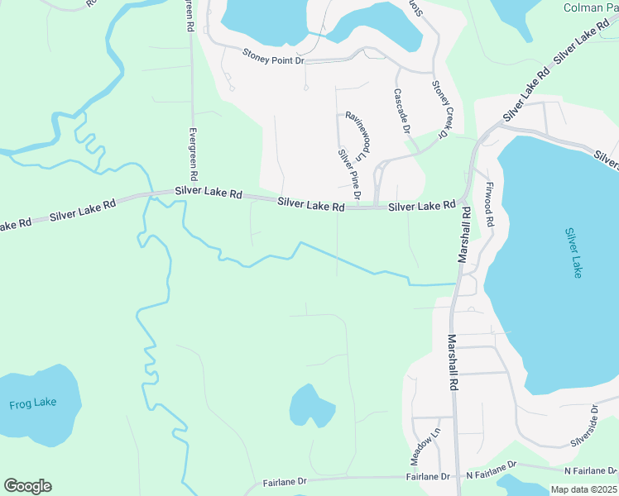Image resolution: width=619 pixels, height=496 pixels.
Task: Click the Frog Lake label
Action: coord(33,403)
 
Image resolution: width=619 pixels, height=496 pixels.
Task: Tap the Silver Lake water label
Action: coord(573,253)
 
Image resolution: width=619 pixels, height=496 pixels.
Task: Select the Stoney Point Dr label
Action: coord(274,55)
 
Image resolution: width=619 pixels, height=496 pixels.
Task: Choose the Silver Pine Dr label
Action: coord(348,174)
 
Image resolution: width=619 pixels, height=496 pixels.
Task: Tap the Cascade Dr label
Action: coord(401,112)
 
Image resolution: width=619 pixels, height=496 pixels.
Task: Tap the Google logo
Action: coord(27,486)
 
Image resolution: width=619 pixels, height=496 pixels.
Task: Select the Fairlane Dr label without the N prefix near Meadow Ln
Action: coord(428,477)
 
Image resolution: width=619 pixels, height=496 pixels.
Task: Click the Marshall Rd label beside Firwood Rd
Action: coord(464,235)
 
